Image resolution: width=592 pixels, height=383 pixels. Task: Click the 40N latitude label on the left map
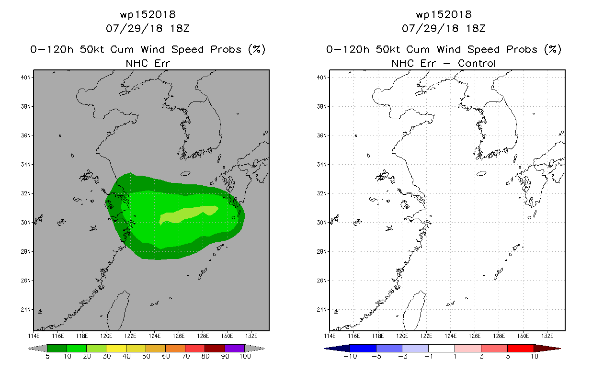tap(26, 78)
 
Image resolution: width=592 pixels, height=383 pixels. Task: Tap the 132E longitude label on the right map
tap(547, 336)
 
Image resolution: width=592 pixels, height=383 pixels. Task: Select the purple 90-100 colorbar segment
tap(235, 348)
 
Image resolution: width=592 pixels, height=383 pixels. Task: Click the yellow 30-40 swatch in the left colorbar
tap(116, 348)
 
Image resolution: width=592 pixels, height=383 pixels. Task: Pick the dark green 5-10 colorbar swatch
tap(57, 348)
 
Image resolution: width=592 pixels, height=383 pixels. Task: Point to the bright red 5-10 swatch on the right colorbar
tap(521, 348)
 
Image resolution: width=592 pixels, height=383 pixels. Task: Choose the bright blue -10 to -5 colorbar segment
tap(363, 348)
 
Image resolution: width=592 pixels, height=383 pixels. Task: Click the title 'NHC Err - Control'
tap(444, 63)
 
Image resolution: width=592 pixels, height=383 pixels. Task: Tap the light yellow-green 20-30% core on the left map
tap(189, 214)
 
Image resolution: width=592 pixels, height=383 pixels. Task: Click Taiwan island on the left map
tap(118, 310)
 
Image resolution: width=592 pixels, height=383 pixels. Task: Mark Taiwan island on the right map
tap(414, 310)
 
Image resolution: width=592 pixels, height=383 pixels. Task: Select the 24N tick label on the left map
tap(26, 309)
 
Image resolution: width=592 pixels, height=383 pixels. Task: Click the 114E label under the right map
tap(330, 336)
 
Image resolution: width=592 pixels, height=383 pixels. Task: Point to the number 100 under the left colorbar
tap(245, 356)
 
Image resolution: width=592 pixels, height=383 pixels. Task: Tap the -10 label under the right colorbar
tap(350, 356)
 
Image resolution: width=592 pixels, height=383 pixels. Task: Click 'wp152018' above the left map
tap(148, 14)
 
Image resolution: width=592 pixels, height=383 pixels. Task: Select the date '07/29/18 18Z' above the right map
tap(444, 28)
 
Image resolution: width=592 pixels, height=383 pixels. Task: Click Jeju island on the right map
tap(481, 173)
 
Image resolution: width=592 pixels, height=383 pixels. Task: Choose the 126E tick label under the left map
tap(179, 336)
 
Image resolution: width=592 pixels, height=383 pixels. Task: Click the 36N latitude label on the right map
tap(322, 135)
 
